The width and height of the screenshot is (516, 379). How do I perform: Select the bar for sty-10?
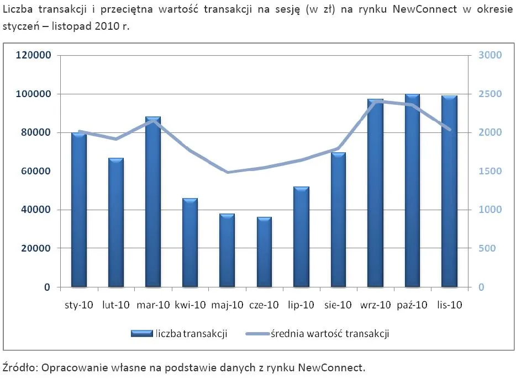(x=79, y=210)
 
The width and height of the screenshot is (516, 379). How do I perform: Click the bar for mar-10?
(x=153, y=202)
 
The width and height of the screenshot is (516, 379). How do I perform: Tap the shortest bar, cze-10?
(x=264, y=252)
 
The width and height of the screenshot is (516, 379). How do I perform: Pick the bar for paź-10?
(x=412, y=191)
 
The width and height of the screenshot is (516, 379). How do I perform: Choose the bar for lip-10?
(x=301, y=237)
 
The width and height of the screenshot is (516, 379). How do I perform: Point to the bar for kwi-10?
(x=190, y=243)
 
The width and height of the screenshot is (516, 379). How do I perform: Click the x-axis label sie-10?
(x=338, y=305)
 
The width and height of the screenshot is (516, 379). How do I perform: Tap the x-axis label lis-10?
(x=449, y=305)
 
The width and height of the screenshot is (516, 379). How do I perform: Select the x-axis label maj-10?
(x=227, y=305)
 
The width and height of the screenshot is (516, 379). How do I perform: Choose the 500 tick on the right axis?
(x=486, y=248)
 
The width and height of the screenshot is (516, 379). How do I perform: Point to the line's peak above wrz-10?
(x=375, y=102)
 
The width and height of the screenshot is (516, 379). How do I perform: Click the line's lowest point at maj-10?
(x=227, y=172)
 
